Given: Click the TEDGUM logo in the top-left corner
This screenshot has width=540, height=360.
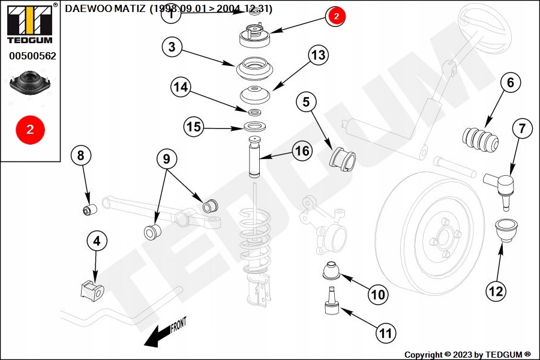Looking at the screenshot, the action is [x=31, y=23].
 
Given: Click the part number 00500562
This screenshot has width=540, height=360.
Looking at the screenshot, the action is [x=32, y=56].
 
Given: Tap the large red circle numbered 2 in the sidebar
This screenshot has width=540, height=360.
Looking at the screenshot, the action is [x=31, y=130].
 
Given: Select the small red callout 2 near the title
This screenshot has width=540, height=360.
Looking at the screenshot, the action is [x=336, y=16].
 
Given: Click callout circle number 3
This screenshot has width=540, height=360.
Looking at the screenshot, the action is [x=172, y=47].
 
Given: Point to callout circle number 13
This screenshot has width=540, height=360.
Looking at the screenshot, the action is [x=318, y=55].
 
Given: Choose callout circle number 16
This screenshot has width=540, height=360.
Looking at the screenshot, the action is [x=302, y=151].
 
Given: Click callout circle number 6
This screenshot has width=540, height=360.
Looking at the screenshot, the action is [x=510, y=83].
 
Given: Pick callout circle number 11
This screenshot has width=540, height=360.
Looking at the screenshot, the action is [x=385, y=333].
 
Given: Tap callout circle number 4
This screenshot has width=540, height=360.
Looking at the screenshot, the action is [x=97, y=241].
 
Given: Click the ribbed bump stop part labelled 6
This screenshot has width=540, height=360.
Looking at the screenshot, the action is [x=480, y=139].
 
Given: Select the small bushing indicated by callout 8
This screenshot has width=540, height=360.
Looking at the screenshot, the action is [x=90, y=209].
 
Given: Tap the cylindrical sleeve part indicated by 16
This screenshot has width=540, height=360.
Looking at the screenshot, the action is [x=254, y=157].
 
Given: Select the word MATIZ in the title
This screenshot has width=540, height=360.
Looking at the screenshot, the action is [x=130, y=8].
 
